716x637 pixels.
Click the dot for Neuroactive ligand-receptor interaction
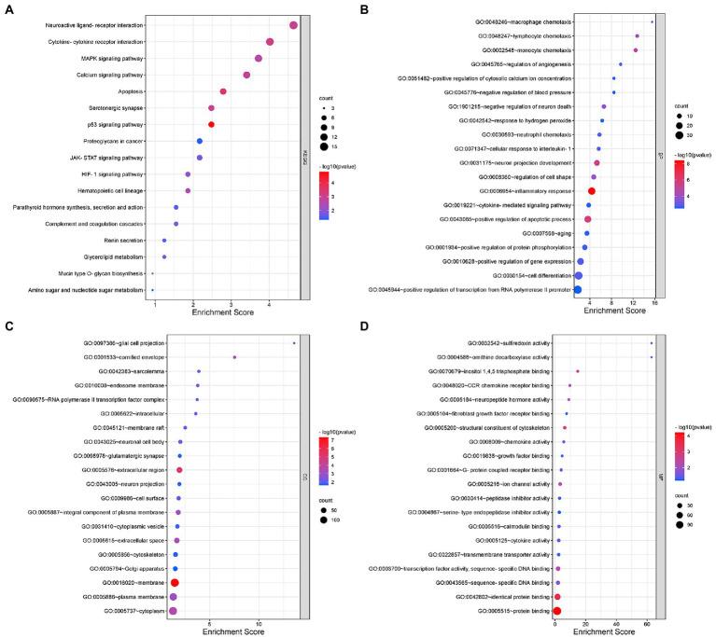click(294, 25)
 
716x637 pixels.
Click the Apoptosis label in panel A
click(131, 91)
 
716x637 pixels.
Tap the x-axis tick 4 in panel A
click(270, 290)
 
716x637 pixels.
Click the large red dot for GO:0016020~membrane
click(175, 583)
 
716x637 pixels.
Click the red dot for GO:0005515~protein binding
click(556, 611)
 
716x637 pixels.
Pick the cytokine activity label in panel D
click(513, 540)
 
